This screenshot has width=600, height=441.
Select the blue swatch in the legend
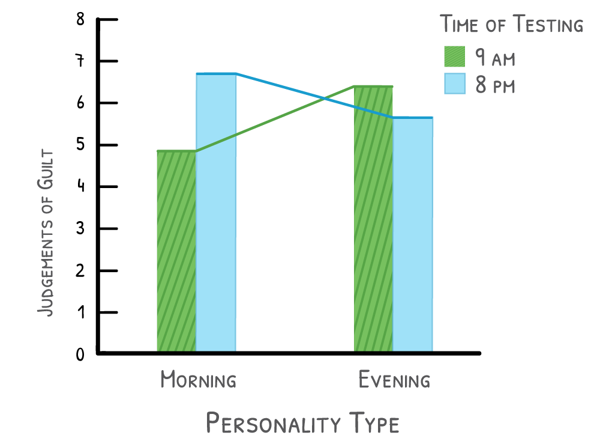[454, 84]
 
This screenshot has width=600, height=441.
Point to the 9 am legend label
[496, 58]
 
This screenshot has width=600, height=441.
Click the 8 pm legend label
[496, 85]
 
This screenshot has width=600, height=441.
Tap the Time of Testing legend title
[512, 25]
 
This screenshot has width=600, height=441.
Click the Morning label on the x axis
[198, 380]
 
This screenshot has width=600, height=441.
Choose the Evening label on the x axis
[394, 380]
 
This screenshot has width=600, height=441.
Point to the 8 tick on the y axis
[80, 20]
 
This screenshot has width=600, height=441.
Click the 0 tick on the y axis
[80, 354]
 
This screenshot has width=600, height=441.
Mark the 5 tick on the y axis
[80, 145]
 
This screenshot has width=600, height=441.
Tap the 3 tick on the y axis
[80, 229]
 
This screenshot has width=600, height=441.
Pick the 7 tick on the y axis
[80, 61]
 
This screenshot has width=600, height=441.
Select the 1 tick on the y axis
[80, 312]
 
